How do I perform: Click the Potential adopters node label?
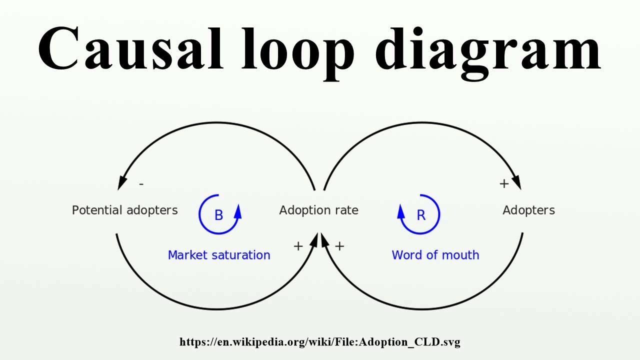[124, 210]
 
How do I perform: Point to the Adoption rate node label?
[318, 210]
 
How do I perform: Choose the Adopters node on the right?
[528, 210]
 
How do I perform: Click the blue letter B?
[218, 215]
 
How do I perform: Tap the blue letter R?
[421, 215]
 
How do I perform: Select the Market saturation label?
[219, 255]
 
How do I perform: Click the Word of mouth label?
[435, 255]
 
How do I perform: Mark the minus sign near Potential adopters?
[141, 184]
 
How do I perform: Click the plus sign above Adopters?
[504, 183]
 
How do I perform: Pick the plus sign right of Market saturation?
[298, 246]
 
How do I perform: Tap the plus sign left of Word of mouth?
[339, 246]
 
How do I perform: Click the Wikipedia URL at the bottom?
[320, 342]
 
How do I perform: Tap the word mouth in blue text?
[460, 255]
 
